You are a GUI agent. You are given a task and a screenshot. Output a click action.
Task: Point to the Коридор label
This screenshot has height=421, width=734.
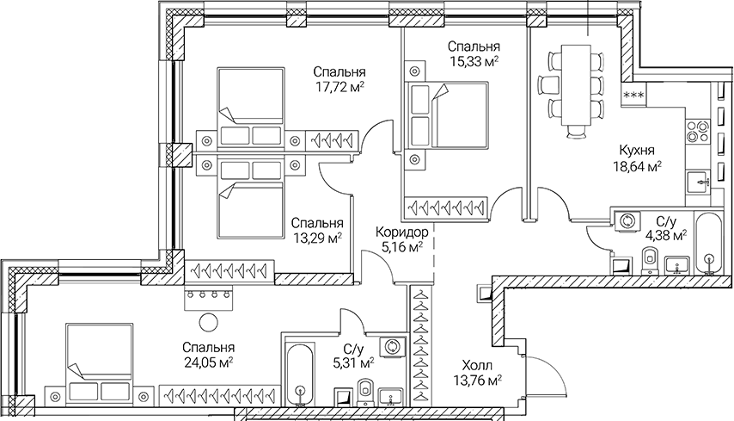pos(401,231)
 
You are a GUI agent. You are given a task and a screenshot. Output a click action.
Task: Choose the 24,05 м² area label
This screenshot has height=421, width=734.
pos(208,362)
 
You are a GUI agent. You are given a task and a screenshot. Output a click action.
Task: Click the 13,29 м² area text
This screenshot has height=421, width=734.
pos(315,238)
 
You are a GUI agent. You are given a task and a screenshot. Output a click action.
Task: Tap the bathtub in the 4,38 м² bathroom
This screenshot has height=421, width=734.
pos(708,244)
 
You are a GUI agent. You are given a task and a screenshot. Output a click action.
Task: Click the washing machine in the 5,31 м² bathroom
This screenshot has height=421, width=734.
pos(394,345)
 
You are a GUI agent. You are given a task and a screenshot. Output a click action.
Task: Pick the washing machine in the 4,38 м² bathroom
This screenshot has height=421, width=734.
pos(627,220)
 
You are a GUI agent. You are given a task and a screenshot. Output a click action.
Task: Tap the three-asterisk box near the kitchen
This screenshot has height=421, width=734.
pos(634,95)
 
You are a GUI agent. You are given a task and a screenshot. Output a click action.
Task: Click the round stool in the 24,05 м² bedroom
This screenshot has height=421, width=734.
pos(208,323)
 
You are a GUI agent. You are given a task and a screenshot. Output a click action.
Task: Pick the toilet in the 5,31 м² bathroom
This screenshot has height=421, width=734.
pos(365,389)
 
